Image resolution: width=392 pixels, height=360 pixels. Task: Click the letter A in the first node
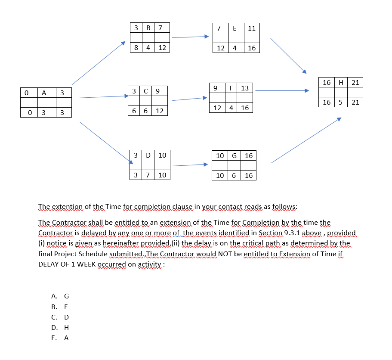click(x=43, y=93)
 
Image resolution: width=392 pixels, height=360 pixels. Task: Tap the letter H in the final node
click(x=341, y=82)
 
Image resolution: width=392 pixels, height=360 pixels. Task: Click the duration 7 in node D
click(x=148, y=175)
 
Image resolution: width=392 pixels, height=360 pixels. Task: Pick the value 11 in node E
click(x=252, y=28)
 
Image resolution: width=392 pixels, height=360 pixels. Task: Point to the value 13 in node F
click(x=245, y=88)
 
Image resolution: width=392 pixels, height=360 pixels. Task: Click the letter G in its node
click(x=235, y=155)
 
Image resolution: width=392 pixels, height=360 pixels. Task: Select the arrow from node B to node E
click(x=190, y=37)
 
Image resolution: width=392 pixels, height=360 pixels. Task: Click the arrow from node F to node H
click(x=281, y=91)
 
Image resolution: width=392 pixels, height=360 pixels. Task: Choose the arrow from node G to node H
click(x=306, y=140)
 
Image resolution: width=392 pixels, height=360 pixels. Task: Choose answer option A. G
click(x=60, y=296)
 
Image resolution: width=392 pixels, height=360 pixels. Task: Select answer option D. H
click(x=60, y=327)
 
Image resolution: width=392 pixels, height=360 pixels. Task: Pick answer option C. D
click(x=60, y=317)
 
